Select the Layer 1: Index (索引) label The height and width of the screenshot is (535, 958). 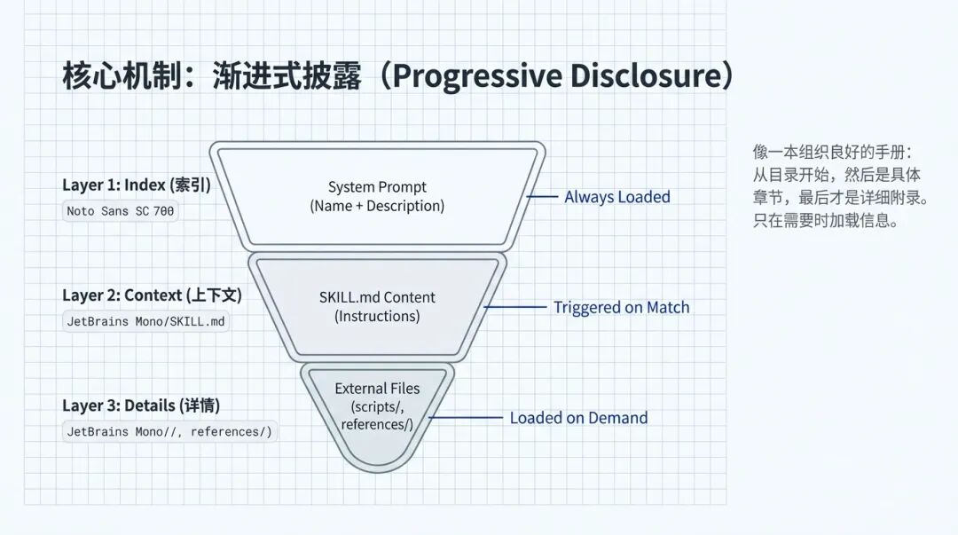136,185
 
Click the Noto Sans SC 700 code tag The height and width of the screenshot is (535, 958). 121,211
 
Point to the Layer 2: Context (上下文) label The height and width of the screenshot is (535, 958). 152,295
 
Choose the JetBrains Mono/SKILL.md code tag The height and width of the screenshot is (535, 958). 147,321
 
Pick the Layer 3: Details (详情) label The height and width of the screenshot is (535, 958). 141,405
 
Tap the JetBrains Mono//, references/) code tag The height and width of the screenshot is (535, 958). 169,432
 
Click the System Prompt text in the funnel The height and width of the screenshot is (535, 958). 377,187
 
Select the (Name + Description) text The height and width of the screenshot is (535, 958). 377,206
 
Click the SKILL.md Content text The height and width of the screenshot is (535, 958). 377,297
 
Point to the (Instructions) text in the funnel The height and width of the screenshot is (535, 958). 377,316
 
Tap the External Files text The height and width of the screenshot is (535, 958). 377,389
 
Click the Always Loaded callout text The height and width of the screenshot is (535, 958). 617,197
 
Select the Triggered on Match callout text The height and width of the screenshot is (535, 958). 621,307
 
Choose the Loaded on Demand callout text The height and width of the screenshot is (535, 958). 578,418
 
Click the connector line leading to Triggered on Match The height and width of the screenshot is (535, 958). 515,307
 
